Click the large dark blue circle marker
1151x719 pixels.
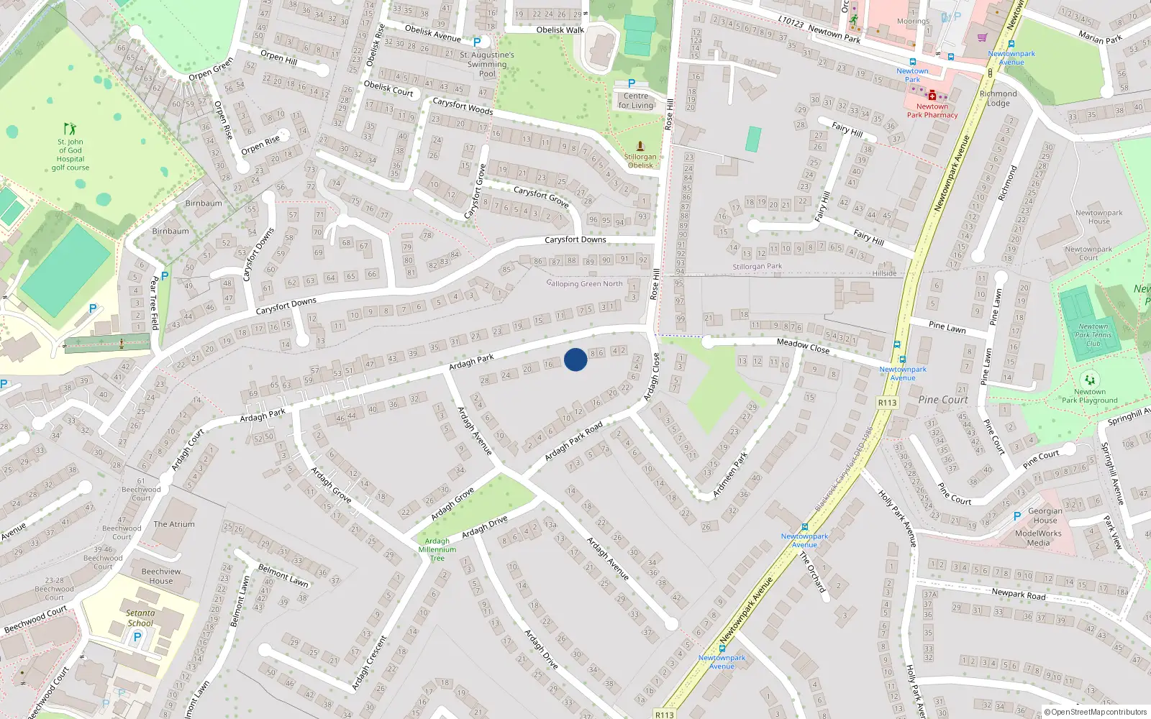[x=575, y=359]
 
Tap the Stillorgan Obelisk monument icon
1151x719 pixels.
[x=640, y=146]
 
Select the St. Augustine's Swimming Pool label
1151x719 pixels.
[x=487, y=64]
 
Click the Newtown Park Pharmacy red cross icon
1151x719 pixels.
[x=932, y=95]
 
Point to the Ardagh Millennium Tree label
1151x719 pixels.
[x=437, y=549]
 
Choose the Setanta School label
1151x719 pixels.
[x=140, y=618]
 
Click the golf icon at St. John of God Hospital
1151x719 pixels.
[x=70, y=129]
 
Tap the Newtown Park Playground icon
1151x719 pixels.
[x=1090, y=380]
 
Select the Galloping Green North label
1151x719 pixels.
[x=585, y=284]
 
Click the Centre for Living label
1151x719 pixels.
[x=636, y=101]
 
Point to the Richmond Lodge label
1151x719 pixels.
[x=998, y=99]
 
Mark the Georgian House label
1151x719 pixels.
[x=1045, y=516]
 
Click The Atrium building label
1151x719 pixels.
[x=174, y=524]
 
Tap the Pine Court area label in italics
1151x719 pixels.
[x=943, y=400]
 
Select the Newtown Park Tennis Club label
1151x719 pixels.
[x=1093, y=335]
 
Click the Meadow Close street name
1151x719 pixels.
[x=803, y=346]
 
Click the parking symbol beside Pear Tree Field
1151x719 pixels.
[x=165, y=275]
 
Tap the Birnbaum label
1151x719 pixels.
[x=204, y=203]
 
